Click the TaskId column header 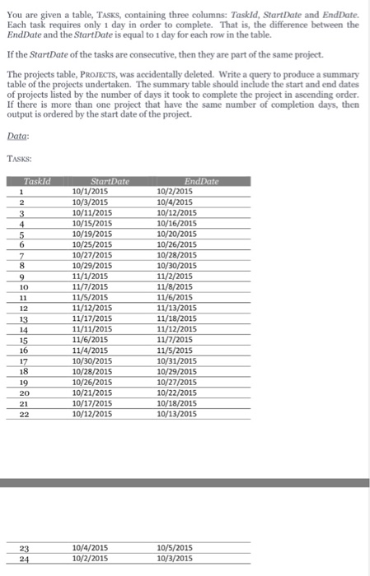tap(38, 181)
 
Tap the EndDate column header tap(194, 181)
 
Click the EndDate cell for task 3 tap(176, 213)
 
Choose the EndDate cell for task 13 tap(176, 319)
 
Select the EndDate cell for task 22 tap(176, 415)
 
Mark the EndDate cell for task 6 tap(176, 245)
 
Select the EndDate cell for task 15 tap(175, 341)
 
